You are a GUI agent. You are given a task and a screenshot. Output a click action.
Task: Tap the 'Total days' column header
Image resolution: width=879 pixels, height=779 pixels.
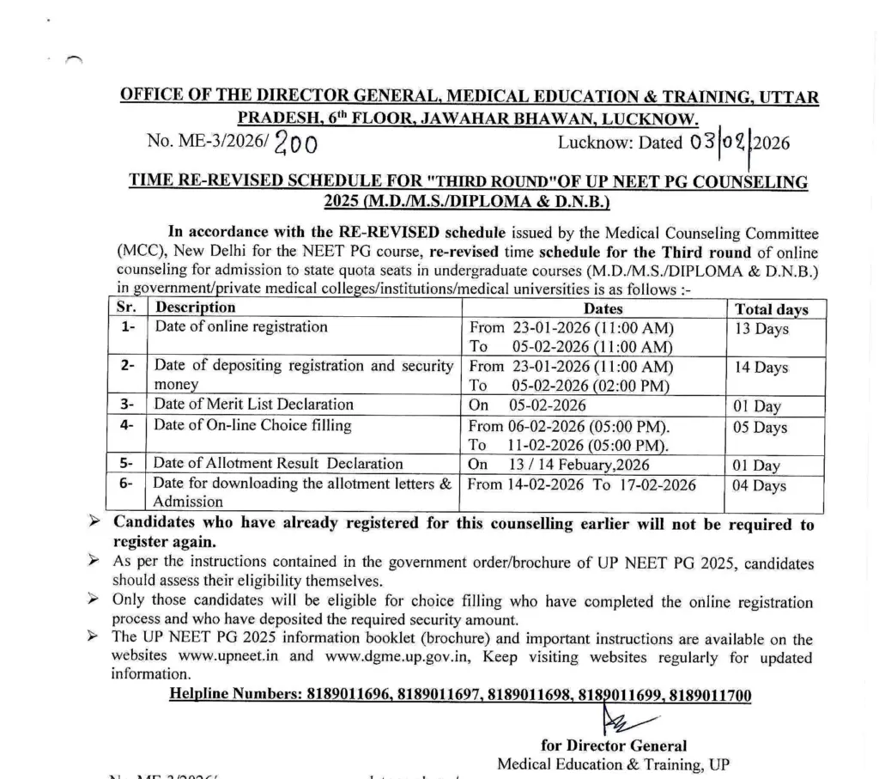coord(771,309)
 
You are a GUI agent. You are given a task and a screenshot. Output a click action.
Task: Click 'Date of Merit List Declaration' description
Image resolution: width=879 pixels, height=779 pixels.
coord(253,405)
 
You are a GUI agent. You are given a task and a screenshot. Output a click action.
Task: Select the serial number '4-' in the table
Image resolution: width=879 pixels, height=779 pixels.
coord(127,425)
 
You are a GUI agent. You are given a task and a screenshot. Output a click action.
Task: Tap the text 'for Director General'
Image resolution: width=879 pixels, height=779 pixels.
coord(613,746)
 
